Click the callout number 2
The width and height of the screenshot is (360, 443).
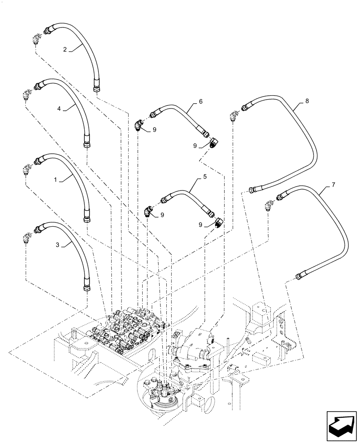(x=65, y=50)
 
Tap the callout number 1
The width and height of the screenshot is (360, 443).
(x=55, y=180)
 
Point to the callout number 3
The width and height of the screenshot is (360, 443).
(x=58, y=244)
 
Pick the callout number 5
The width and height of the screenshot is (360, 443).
(x=205, y=177)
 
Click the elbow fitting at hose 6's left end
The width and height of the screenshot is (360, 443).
(x=139, y=126)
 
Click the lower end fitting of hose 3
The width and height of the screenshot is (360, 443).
(x=86, y=288)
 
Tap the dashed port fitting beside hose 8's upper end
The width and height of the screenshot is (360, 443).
(x=232, y=117)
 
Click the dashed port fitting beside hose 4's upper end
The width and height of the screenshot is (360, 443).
(x=26, y=95)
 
